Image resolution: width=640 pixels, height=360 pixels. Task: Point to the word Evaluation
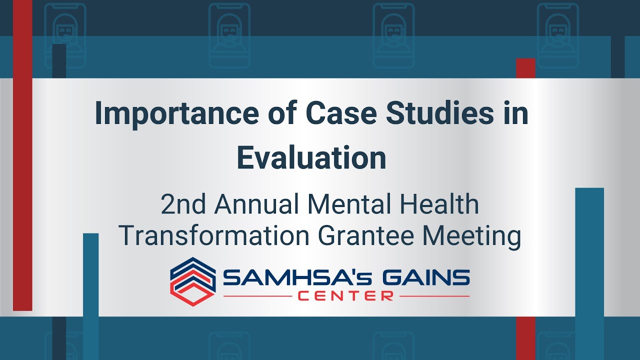311,157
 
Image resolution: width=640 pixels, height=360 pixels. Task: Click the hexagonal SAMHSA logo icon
193,281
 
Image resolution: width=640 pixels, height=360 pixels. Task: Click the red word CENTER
345,296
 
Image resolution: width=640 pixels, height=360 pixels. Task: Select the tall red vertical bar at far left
22,155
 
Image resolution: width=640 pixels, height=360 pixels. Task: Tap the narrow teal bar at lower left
90,295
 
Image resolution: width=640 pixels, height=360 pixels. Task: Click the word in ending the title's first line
516,114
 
